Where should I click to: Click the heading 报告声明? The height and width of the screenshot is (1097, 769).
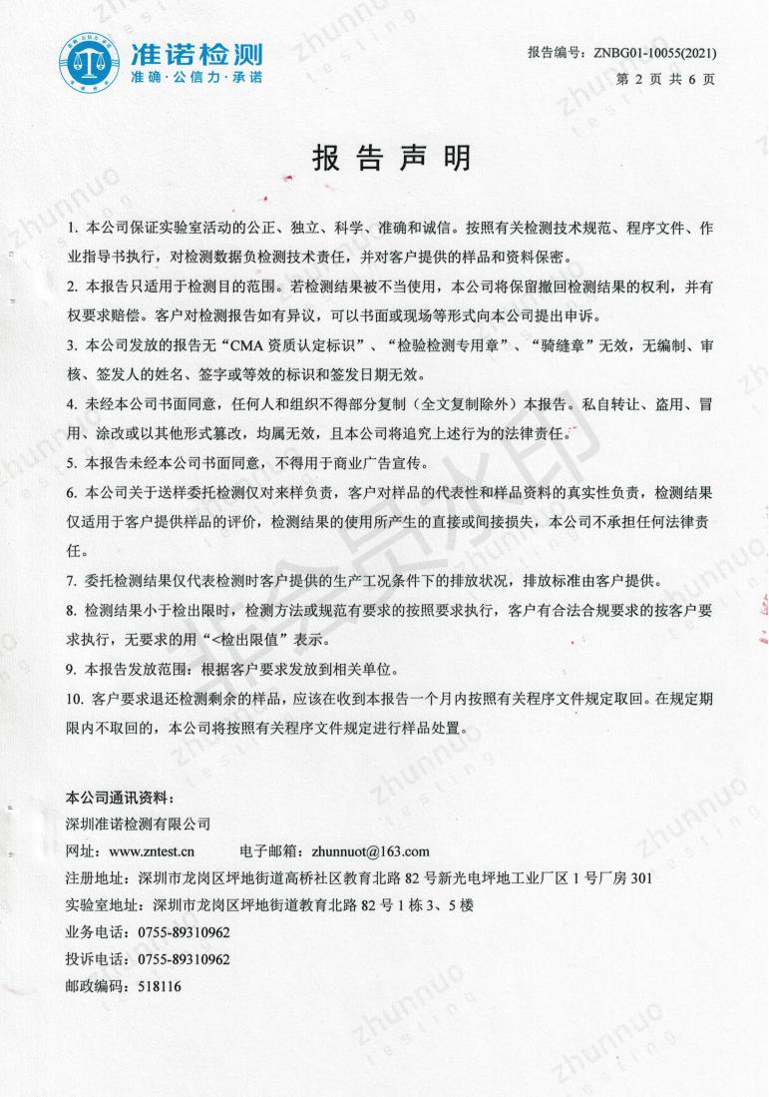click(391, 159)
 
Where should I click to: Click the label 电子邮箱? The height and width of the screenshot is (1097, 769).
click(272, 851)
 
